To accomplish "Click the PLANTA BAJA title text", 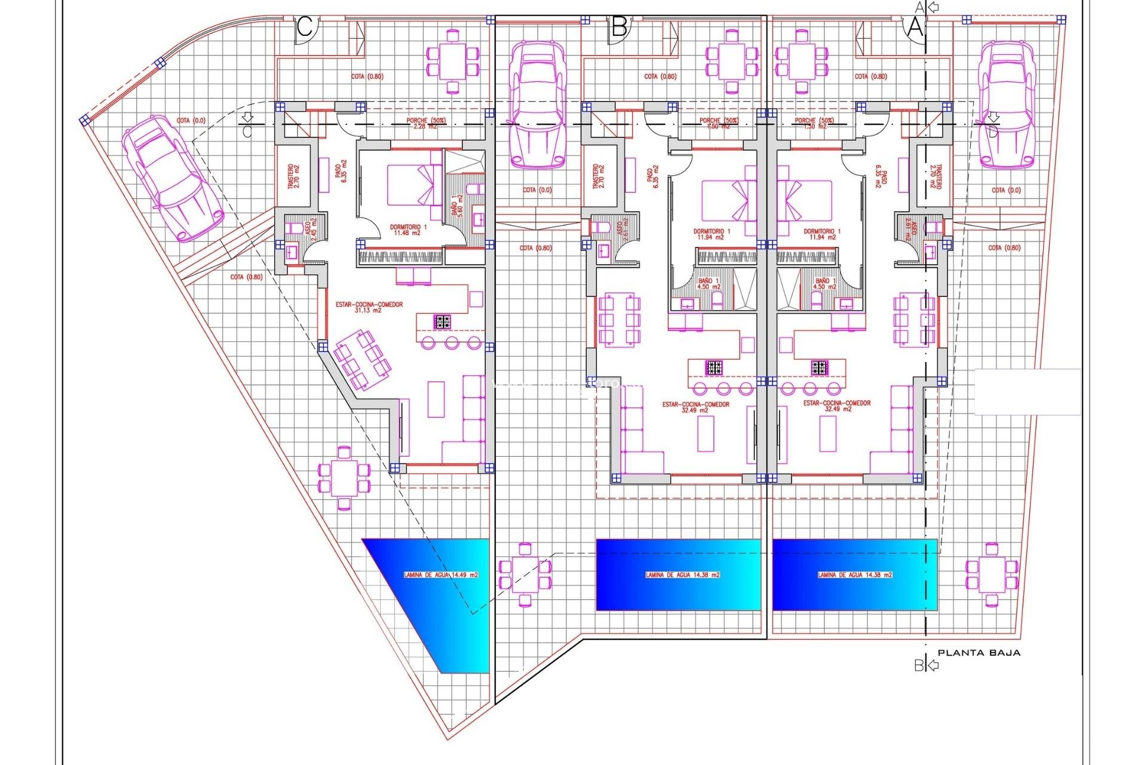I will coord(979,653).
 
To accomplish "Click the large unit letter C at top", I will coord(305,27).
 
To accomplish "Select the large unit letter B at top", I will coord(619,27).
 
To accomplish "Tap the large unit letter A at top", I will coord(915,27).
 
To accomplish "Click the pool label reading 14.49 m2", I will coord(441,575).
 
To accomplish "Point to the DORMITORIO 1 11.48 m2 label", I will coord(408,230).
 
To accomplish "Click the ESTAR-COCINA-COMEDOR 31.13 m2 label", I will coord(369,307).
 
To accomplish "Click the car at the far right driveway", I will coord(1006,105).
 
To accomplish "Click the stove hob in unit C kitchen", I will coord(442,322).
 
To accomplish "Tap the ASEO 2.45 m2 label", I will coord(311,229).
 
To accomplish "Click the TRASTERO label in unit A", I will coord(935,178).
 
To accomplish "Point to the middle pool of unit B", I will coord(678,575).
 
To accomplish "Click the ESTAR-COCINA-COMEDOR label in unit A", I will coord(836,406).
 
